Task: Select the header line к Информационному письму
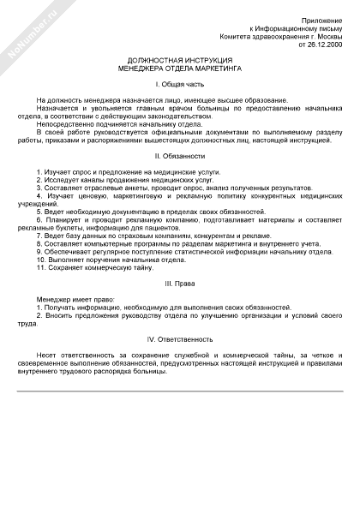click(x=303, y=28)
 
